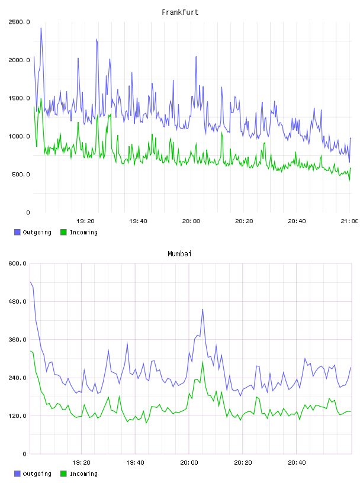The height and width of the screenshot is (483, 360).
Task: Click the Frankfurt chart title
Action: [180, 12]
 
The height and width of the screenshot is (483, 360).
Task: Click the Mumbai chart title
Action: [179, 254]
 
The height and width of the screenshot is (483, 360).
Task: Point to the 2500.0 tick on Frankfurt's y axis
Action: [19, 22]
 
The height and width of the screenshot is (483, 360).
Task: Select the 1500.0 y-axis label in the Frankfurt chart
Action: [19, 98]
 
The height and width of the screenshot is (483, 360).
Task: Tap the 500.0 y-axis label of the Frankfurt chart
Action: [21, 175]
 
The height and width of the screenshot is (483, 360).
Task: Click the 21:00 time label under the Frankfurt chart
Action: [349, 221]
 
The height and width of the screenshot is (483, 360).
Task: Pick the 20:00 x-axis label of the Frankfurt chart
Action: [191, 221]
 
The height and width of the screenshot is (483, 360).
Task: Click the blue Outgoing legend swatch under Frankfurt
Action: [17, 232]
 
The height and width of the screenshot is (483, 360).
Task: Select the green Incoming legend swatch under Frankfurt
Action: [63, 232]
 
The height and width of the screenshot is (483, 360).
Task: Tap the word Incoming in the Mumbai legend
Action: [83, 474]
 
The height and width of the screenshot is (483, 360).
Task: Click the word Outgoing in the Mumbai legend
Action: [37, 474]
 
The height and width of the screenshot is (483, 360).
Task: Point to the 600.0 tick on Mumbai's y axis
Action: [18, 263]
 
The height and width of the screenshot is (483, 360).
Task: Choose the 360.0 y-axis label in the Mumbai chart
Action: [18, 339]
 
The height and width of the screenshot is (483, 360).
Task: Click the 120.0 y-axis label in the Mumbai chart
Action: [18, 416]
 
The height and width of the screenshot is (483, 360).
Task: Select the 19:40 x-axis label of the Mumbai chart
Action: [135, 462]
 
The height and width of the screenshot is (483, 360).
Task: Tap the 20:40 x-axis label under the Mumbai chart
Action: [297, 462]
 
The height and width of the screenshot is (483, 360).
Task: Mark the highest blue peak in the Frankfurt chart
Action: [41, 28]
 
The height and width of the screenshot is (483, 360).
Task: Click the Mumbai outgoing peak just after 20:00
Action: [202, 309]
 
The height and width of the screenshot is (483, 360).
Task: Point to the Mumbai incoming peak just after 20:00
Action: [203, 362]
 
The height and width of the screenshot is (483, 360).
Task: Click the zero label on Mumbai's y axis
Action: [25, 454]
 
